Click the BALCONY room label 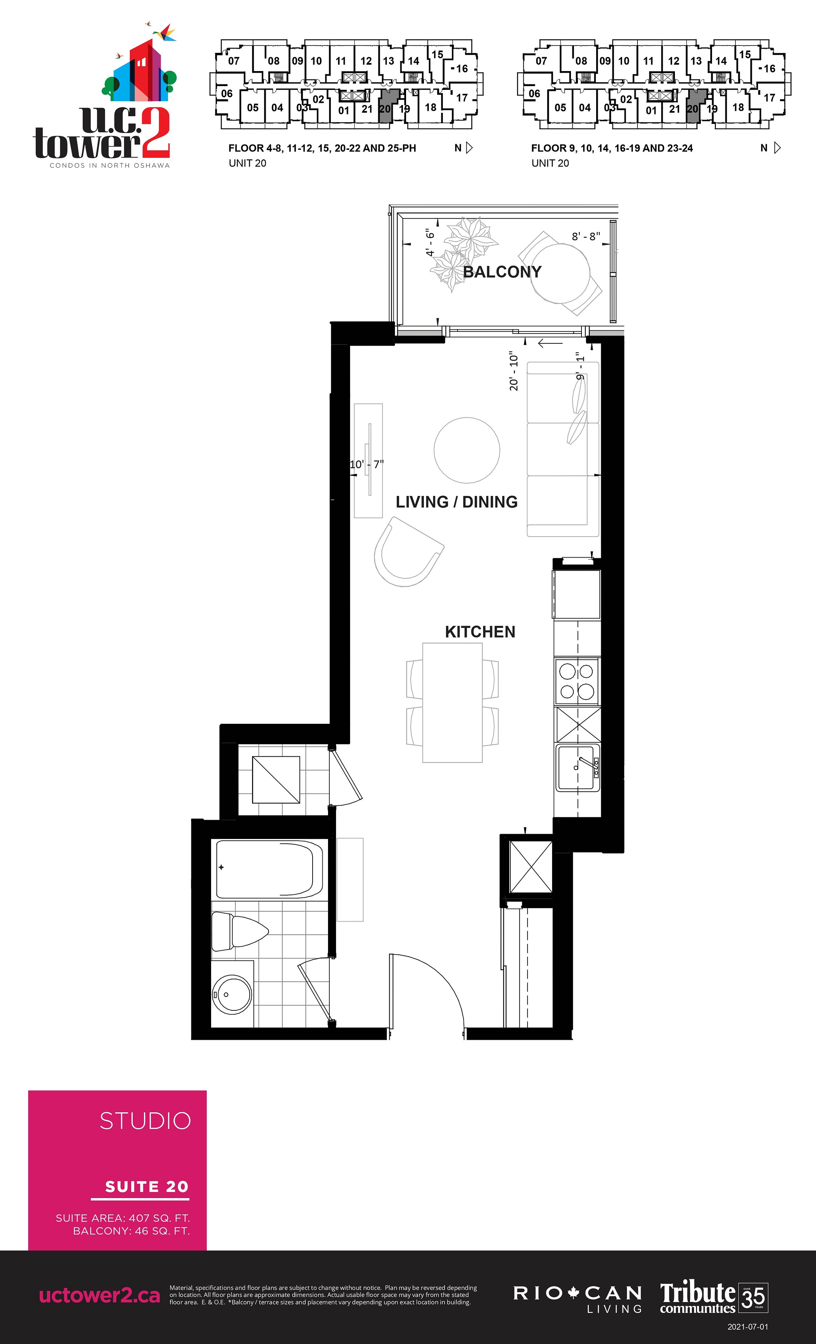(x=502, y=272)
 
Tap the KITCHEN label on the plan (x=480, y=632)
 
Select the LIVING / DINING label (x=456, y=502)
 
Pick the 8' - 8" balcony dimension (x=586, y=236)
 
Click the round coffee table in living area (x=467, y=450)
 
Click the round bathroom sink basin (x=232, y=994)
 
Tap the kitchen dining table (x=452, y=702)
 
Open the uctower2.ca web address (x=100, y=1296)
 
